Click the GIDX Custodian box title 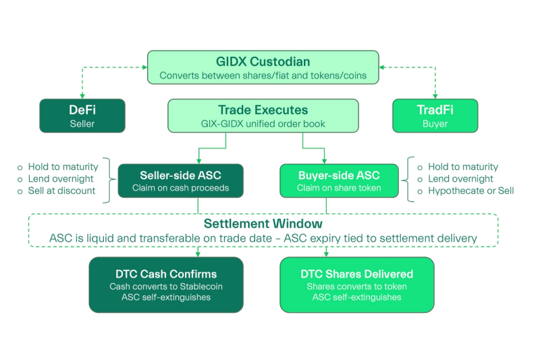pos(263,61)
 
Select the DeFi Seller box pos(82,115)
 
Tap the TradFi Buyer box pos(435,115)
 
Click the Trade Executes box pos(263,115)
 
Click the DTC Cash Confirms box pos(165,284)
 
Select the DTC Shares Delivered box pos(357,284)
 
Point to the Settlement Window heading pos(263,224)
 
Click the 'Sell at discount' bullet pos(61,191)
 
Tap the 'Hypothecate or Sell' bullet pos(470,191)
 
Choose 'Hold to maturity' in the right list pos(462,167)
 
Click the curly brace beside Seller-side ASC pos(109,180)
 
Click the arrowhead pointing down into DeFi pos(82,96)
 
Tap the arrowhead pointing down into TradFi pos(435,96)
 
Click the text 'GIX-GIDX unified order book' pos(263,123)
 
